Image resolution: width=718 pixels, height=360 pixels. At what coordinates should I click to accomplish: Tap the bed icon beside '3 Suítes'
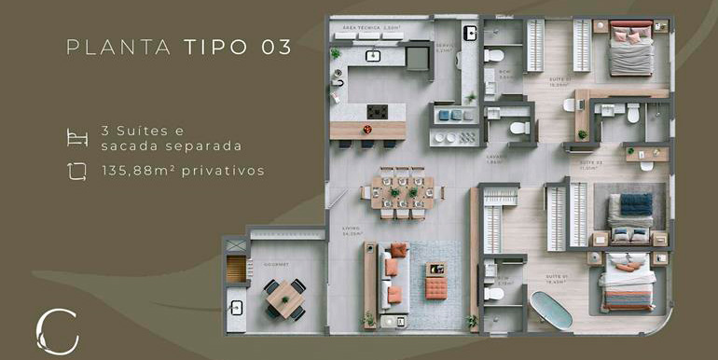(x=77, y=138)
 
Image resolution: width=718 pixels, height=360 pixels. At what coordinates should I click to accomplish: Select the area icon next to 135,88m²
(x=77, y=170)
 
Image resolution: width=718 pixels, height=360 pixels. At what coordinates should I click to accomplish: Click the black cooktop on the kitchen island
(x=377, y=111)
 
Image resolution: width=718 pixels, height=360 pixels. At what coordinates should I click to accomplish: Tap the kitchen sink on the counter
(x=372, y=56)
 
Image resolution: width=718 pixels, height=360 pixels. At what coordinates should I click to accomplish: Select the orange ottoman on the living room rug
(x=435, y=289)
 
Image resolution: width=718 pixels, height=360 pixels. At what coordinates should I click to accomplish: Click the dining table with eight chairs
(x=402, y=191)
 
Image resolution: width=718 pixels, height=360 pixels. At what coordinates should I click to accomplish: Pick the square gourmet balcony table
(x=283, y=298)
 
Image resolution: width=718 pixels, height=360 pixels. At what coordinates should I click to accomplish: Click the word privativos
(x=223, y=171)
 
